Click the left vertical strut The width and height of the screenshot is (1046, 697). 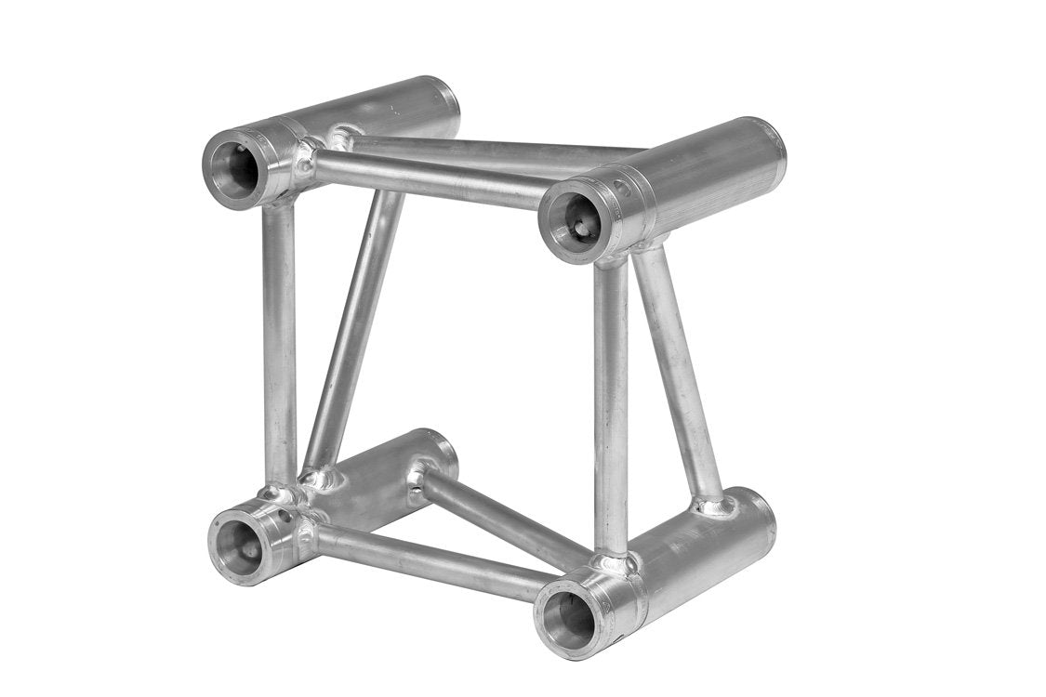tap(279, 344)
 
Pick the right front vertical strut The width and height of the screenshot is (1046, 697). tap(610, 409)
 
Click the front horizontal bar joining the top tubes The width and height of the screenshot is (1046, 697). tap(428, 177)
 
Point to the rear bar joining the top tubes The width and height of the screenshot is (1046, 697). tap(483, 149)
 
